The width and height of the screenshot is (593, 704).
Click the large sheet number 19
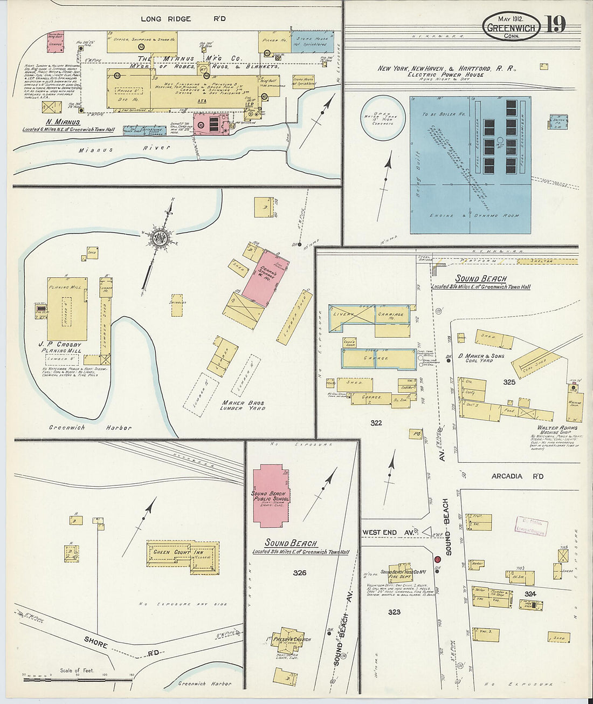pyautogui.click(x=555, y=24)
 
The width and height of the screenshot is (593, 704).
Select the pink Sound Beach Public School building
pyautogui.click(x=271, y=496)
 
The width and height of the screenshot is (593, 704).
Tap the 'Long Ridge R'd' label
pyautogui.click(x=183, y=19)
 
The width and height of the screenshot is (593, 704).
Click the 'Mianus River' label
pyautogui.click(x=123, y=148)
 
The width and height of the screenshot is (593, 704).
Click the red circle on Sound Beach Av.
pyautogui.click(x=437, y=560)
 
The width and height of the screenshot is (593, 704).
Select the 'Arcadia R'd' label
pyautogui.click(x=517, y=476)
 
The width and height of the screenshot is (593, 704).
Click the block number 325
pyautogui.click(x=509, y=382)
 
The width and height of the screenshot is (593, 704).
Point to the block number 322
pyautogui.click(x=376, y=422)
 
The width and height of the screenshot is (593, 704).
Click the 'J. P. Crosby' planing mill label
pyautogui.click(x=60, y=345)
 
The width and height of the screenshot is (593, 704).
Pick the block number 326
pyautogui.click(x=299, y=573)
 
